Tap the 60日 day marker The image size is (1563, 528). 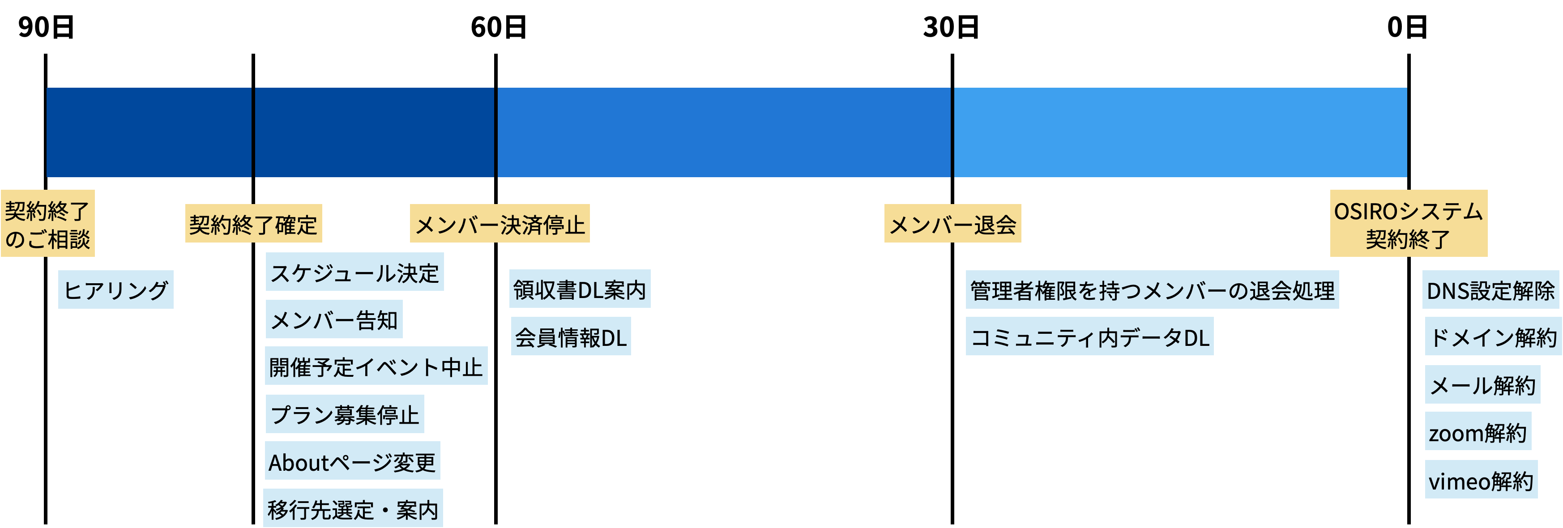point(500,25)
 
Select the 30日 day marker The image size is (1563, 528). point(952,25)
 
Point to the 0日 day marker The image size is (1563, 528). point(1408,25)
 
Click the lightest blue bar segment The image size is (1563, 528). point(1180,132)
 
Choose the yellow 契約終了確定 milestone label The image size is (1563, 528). point(253,224)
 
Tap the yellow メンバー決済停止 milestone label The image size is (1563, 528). point(500,224)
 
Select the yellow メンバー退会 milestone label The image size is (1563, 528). point(952,224)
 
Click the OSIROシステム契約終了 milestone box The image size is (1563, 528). point(1408,223)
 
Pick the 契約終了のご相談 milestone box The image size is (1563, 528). point(47,223)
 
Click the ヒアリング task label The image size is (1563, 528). point(115,290)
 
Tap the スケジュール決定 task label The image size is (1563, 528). point(354,272)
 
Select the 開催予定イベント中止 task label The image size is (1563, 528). point(376,366)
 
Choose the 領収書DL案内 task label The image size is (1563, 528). point(580,289)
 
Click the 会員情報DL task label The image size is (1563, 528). point(570,336)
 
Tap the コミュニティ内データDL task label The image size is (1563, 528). point(1089,336)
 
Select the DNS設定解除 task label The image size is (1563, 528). point(1490,290)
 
